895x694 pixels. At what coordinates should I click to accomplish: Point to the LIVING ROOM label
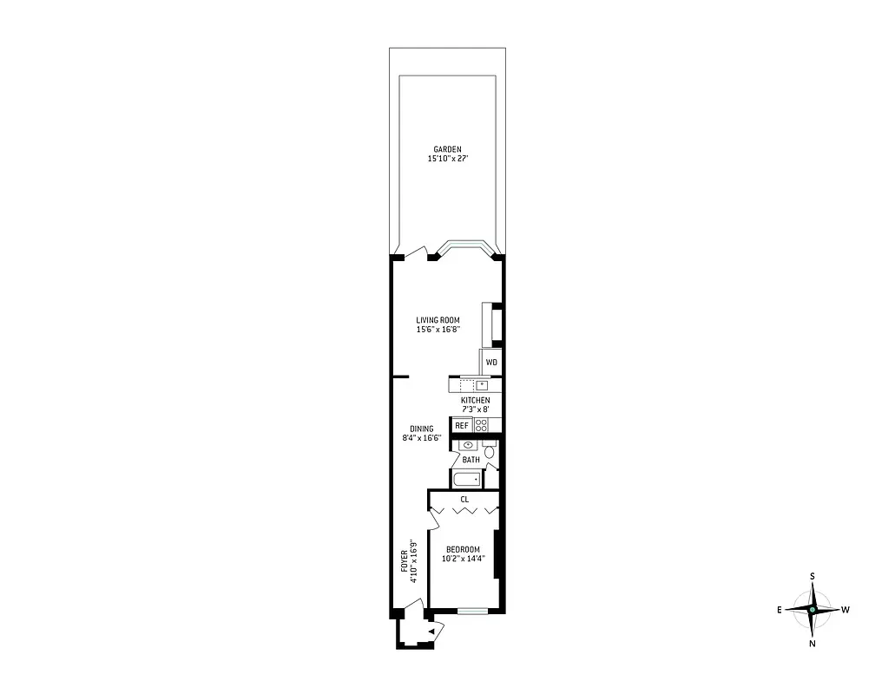click(438, 320)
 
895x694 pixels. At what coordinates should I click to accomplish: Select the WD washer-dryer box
click(491, 363)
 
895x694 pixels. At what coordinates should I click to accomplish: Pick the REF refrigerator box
click(461, 425)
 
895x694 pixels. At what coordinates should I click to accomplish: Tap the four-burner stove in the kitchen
click(482, 425)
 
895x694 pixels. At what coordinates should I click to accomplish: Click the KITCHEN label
click(475, 400)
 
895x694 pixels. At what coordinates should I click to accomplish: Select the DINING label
click(422, 429)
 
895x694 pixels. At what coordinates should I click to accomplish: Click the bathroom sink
click(468, 445)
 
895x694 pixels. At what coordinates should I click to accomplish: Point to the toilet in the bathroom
click(490, 451)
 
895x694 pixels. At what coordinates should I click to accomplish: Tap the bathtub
click(466, 480)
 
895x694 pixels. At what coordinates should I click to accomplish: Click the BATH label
click(471, 460)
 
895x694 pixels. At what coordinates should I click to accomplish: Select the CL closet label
click(464, 500)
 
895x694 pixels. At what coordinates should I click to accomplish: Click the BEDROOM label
click(463, 549)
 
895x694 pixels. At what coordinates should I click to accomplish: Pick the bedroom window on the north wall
click(472, 611)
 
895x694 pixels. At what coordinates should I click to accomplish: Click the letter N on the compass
click(812, 644)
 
